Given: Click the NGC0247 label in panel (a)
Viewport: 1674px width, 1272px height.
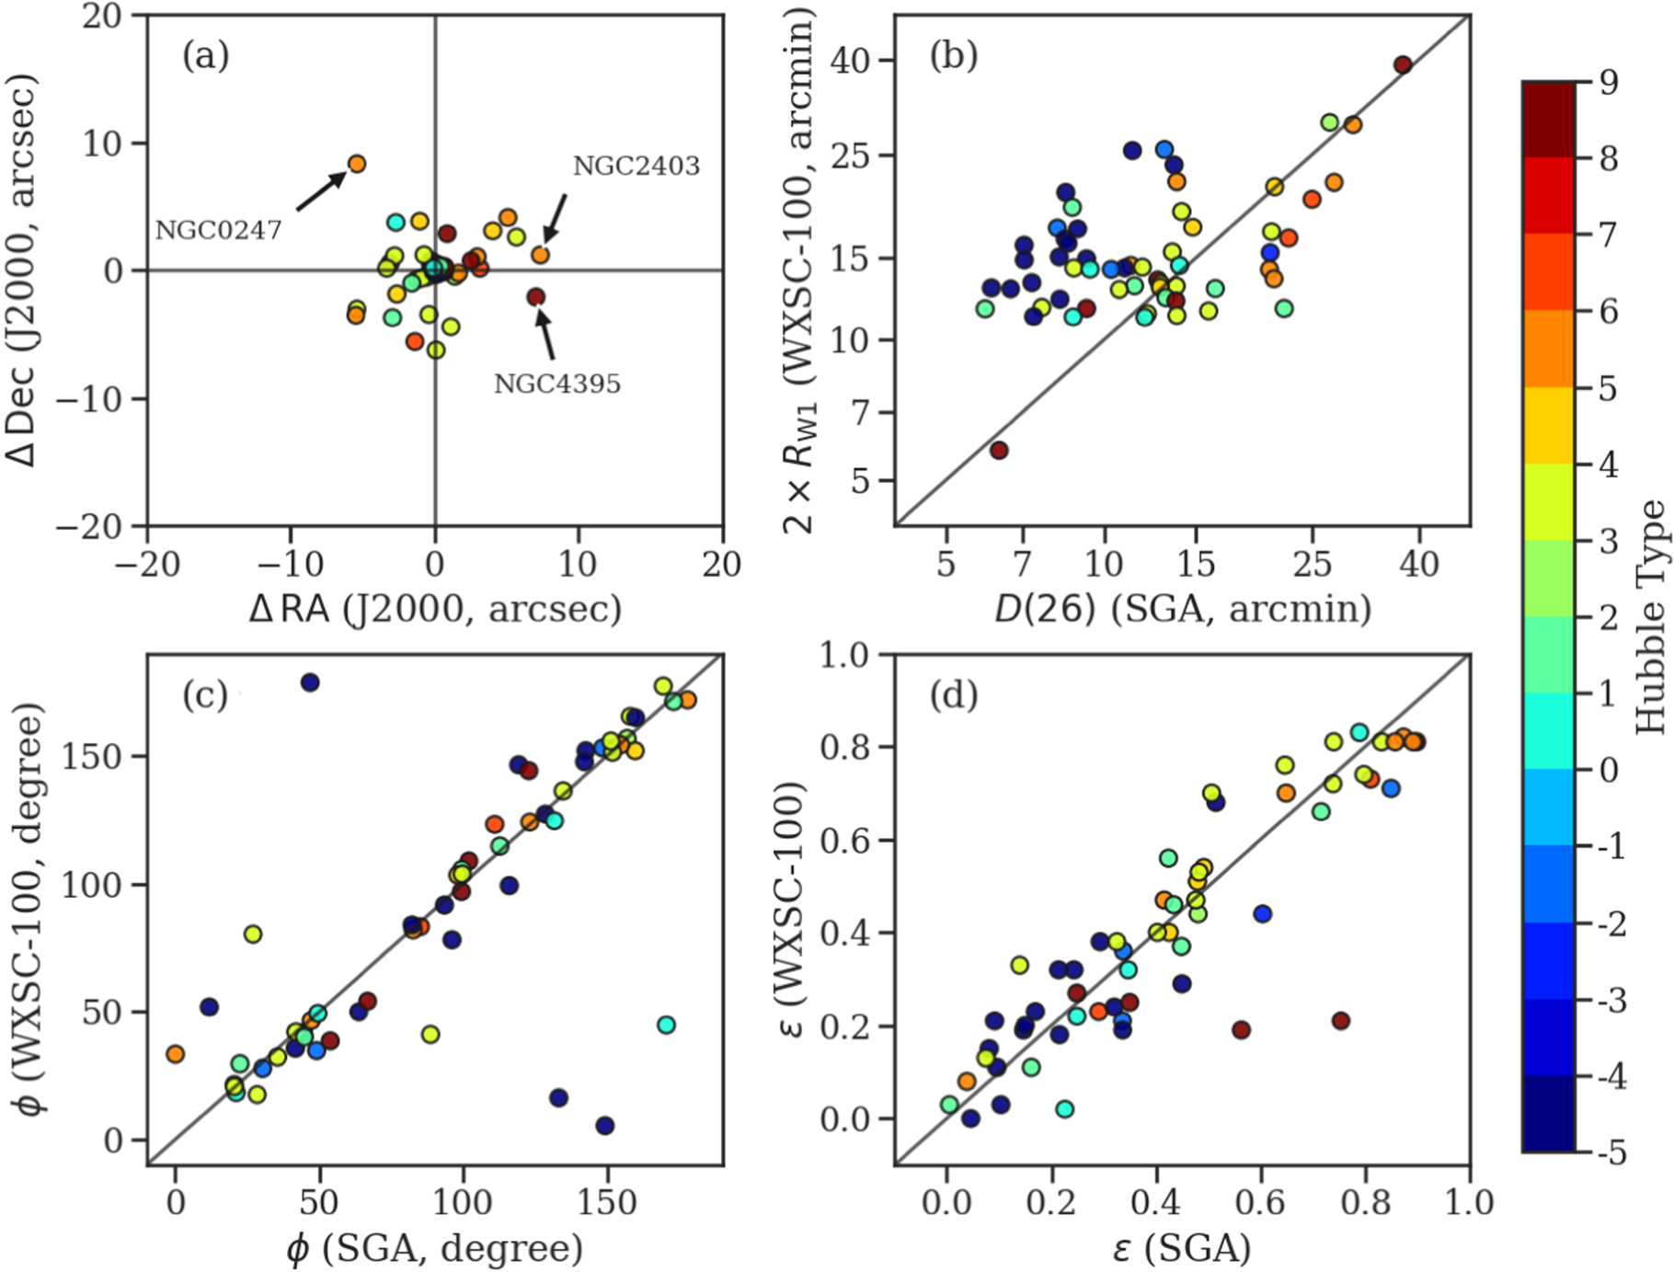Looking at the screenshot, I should [x=218, y=230].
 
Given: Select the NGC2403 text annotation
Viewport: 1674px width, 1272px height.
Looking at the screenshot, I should [x=636, y=166].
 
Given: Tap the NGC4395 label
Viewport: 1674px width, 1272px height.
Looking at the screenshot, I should [x=557, y=384].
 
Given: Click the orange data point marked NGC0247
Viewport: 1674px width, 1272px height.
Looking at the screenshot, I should [x=357, y=164].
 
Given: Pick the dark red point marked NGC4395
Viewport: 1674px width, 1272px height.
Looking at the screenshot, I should [x=536, y=296].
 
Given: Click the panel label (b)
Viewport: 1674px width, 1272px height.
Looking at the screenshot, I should [x=953, y=56].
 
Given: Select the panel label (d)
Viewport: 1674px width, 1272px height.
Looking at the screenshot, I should [x=953, y=696].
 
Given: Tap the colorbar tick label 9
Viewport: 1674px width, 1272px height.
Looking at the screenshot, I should [x=1609, y=83].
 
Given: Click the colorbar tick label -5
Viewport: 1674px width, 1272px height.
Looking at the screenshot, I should [x=1612, y=1152].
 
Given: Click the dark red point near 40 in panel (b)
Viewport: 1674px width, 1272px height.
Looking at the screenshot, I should [x=1403, y=64].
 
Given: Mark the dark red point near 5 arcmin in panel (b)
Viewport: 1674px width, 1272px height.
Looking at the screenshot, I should [x=999, y=450].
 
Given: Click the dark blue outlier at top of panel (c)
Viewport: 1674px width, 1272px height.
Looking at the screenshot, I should [x=310, y=682].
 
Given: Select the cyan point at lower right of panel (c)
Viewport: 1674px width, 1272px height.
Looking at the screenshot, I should [x=667, y=1025].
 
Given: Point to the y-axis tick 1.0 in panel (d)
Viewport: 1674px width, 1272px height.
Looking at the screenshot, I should [x=843, y=655].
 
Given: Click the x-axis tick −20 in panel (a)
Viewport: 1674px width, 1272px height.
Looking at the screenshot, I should [x=147, y=565].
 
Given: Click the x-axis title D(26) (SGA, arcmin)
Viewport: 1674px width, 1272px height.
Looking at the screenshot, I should [x=1182, y=609].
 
